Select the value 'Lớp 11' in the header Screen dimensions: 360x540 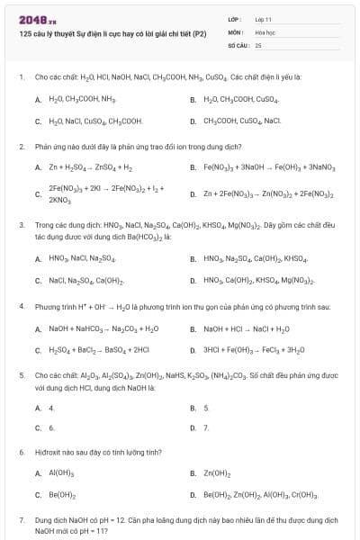pos(263,18)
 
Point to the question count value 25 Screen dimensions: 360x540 pos(258,43)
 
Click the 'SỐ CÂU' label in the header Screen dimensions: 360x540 pos(236,43)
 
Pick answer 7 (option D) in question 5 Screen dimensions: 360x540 pos(206,427)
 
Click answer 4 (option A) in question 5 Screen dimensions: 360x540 pos(51,407)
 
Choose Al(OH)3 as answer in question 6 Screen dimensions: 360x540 pos(61,472)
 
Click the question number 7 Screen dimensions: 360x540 pos(21,520)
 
